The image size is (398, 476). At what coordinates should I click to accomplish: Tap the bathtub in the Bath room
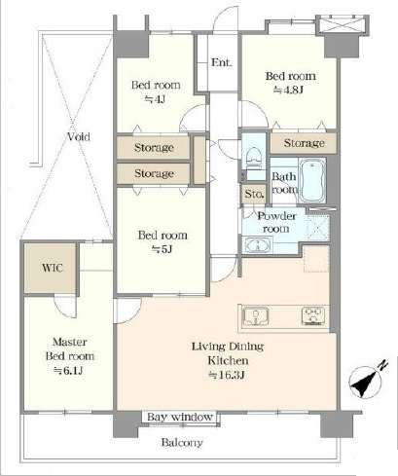pyautogui.click(x=312, y=180)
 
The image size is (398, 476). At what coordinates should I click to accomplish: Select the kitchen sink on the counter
pyautogui.click(x=256, y=315)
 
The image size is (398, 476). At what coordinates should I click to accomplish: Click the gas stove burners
pyautogui.click(x=313, y=315)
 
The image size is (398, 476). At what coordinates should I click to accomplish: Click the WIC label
pyautogui.click(x=53, y=268)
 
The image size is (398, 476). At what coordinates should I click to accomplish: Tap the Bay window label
pyautogui.click(x=180, y=417)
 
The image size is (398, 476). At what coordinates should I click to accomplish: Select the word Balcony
pyautogui.click(x=182, y=442)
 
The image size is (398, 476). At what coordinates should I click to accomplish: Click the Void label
pyautogui.click(x=79, y=136)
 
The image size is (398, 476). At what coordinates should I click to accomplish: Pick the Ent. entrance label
pyautogui.click(x=222, y=62)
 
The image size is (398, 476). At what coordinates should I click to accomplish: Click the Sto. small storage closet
pyautogui.click(x=254, y=194)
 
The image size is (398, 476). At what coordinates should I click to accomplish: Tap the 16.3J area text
pyautogui.click(x=227, y=375)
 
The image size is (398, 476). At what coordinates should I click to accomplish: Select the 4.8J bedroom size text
pyautogui.click(x=288, y=90)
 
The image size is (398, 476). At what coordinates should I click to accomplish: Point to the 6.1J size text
pyautogui.click(x=68, y=370)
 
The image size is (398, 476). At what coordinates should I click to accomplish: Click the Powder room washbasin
pyautogui.click(x=258, y=245)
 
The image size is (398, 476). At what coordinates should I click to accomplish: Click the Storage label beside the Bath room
pyautogui.click(x=304, y=143)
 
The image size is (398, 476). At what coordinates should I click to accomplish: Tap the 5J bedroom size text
pyautogui.click(x=162, y=249)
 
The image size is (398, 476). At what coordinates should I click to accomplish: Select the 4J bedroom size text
pyautogui.click(x=155, y=99)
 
